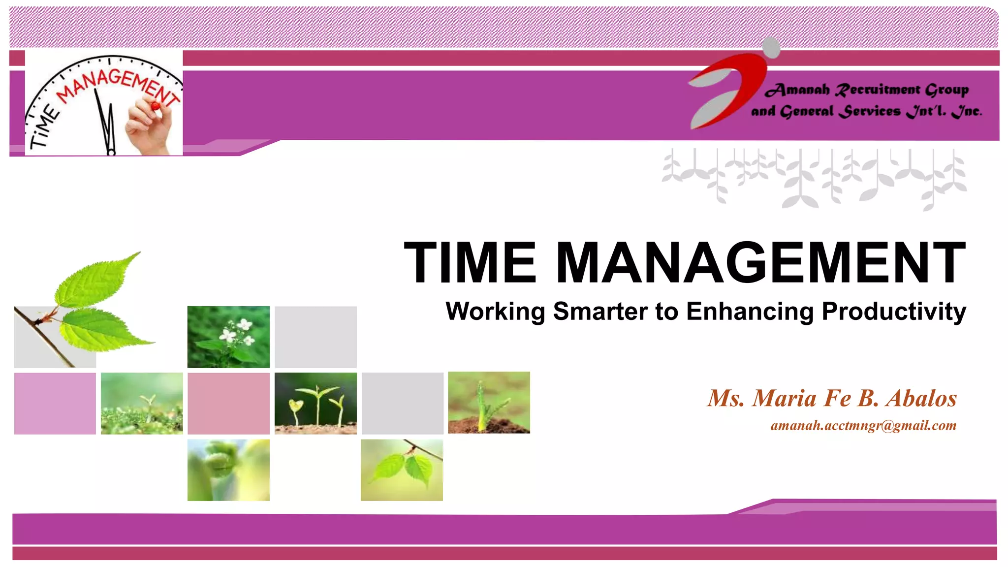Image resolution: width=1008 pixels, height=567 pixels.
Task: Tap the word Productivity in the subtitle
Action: click(x=894, y=312)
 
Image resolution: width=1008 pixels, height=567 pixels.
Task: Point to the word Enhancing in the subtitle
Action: click(x=750, y=312)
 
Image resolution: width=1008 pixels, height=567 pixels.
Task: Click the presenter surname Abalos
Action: click(x=921, y=398)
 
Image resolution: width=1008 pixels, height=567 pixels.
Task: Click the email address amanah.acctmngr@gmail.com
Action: click(x=863, y=425)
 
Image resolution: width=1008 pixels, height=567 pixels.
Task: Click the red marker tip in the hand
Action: click(x=156, y=105)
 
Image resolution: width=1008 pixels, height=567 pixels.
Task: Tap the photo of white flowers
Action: click(x=228, y=337)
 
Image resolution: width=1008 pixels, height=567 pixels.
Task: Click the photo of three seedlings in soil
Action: click(x=315, y=403)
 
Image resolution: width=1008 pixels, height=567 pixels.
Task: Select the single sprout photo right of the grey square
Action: click(x=489, y=403)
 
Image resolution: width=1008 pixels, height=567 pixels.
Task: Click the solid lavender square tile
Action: click(x=55, y=403)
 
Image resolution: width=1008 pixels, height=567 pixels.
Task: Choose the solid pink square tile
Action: click(x=228, y=403)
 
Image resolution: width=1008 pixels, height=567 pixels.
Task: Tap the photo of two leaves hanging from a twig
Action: click(x=402, y=470)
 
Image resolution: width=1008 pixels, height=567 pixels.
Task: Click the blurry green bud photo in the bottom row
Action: click(x=228, y=470)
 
